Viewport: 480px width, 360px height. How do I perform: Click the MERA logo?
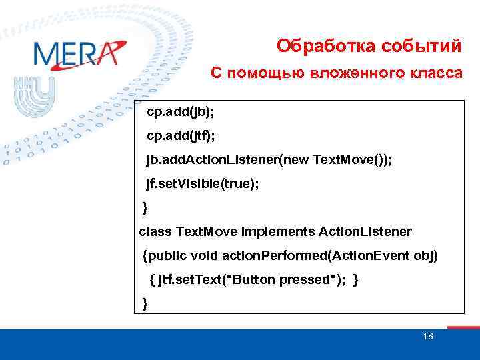click(x=78, y=54)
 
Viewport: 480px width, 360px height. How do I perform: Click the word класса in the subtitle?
click(x=432, y=73)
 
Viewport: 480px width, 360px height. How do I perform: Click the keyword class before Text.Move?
click(x=156, y=231)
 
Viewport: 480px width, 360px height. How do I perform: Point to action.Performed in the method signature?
click(x=275, y=256)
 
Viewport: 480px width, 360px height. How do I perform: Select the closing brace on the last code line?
click(x=145, y=304)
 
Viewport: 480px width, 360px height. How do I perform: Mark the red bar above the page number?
click(x=463, y=327)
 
